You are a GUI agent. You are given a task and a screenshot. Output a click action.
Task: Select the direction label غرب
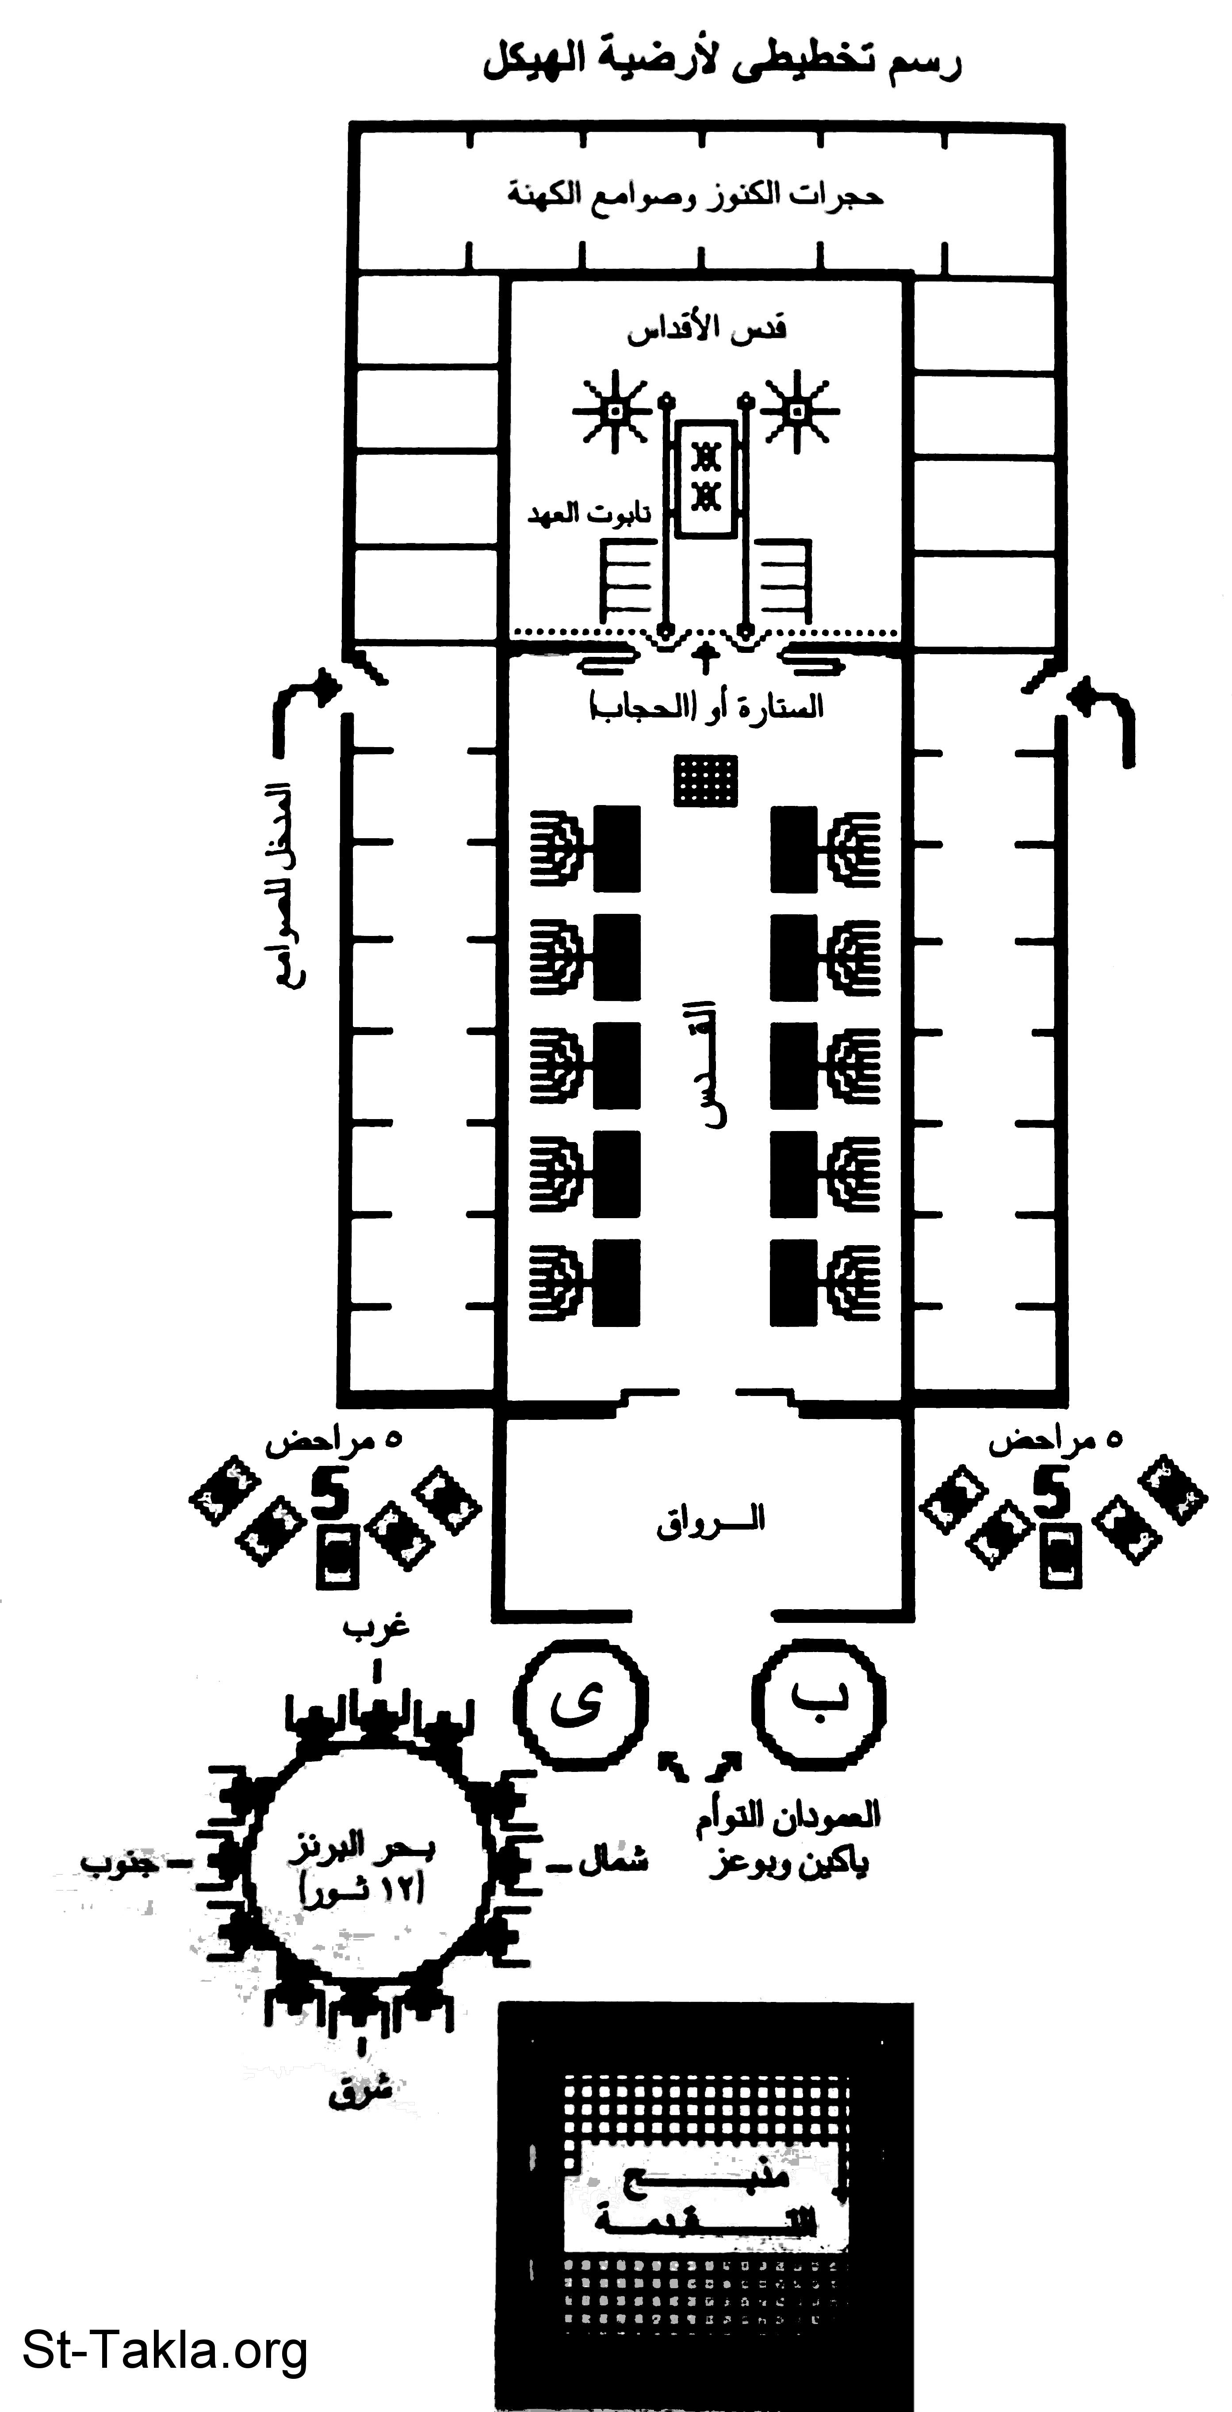pyautogui.click(x=376, y=1626)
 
